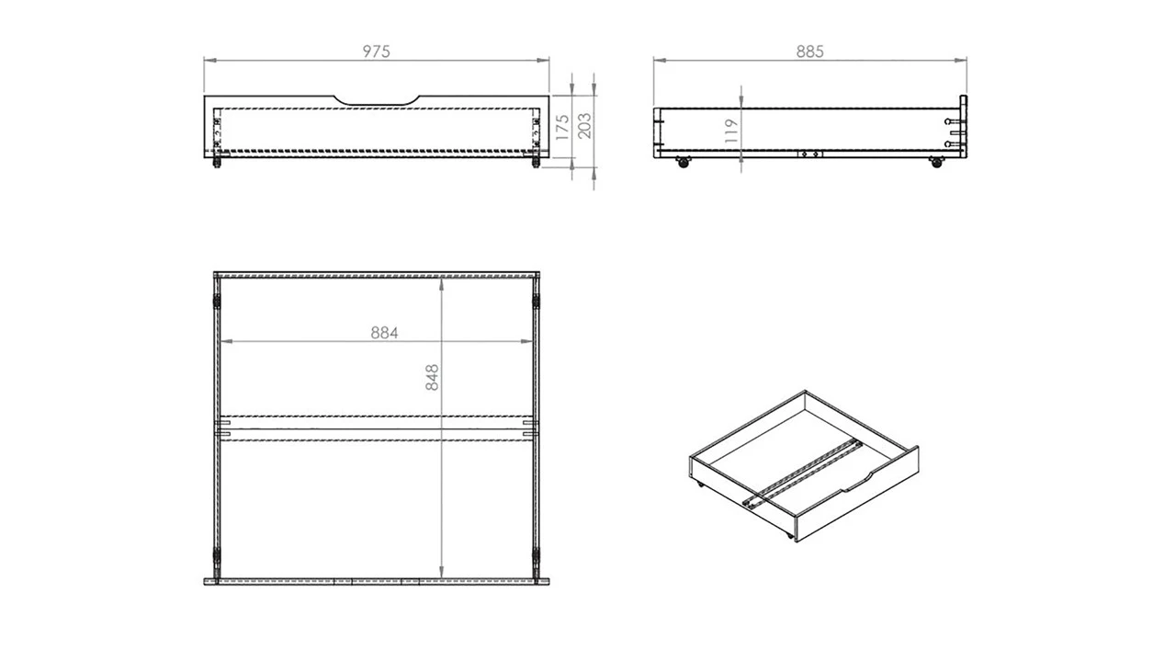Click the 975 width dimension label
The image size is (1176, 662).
pos(376,51)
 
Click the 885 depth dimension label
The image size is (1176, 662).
pos(809,51)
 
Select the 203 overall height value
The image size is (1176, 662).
pos(585,125)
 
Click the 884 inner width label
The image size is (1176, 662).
pos(385,333)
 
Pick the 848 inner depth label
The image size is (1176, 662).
pos(433,378)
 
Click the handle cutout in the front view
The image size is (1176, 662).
pos(377,99)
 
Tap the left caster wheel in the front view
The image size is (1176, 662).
pos(218,164)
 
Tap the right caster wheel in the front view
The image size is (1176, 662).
pos(534,164)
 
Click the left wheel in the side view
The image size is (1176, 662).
pos(683,163)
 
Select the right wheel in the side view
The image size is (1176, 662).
pos(936,163)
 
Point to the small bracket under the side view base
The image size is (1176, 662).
pos(808,154)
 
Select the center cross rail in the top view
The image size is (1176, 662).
pos(377,428)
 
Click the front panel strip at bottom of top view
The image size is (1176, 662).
pos(377,582)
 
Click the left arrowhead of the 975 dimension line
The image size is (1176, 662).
pos(207,62)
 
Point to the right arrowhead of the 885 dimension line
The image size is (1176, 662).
pos(965,62)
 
